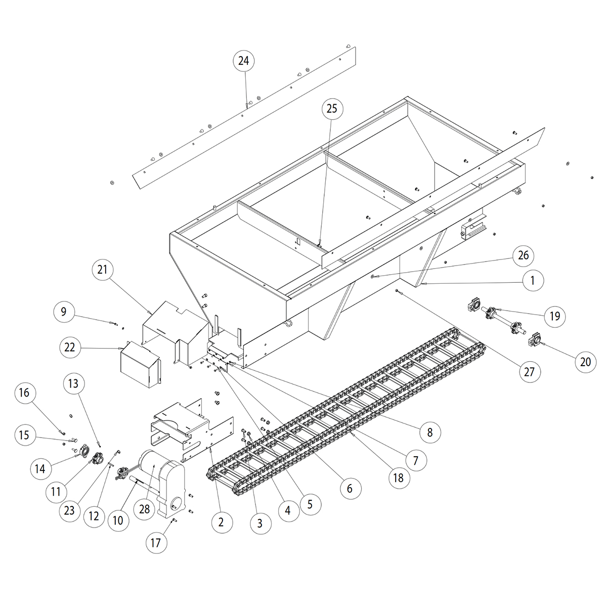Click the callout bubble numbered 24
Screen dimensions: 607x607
243,61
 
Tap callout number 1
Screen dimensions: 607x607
532,280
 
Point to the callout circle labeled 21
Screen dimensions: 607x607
103,271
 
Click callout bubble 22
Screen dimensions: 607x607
70,347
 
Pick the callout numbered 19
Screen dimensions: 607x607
555,316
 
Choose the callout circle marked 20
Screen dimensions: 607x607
585,362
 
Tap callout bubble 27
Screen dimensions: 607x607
529,373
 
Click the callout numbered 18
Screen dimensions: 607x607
398,477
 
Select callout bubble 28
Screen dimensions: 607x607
145,509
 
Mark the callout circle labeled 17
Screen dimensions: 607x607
156,543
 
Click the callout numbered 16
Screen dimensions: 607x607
24,393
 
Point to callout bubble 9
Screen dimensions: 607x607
64,312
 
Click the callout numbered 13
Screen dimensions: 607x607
73,384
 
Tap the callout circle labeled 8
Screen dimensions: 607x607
429,432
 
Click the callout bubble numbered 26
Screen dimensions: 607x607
524,255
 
